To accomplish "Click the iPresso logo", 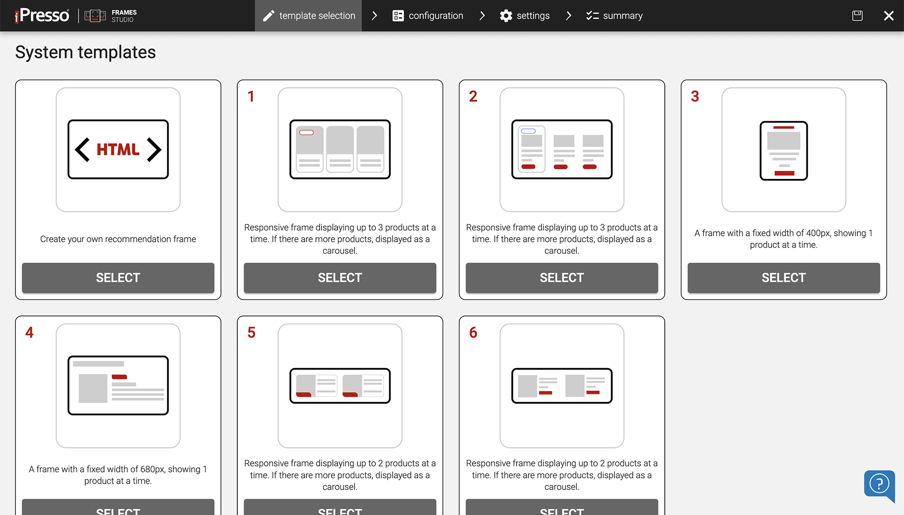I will click(42, 16).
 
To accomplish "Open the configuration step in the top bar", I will click(428, 16).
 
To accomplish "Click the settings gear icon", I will click(506, 16).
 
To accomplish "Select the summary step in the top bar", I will click(614, 16).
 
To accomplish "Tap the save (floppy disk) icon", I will click(857, 16).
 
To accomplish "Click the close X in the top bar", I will click(888, 16).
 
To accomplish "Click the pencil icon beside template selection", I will click(268, 16).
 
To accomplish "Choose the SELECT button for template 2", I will click(562, 278).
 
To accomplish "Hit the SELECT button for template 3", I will click(783, 278).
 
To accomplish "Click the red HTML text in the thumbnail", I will click(118, 150).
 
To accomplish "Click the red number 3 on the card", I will click(695, 97).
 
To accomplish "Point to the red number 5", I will click(251, 333).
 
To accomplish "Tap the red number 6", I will click(473, 333).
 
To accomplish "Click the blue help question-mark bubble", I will click(879, 484).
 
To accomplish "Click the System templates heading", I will click(85, 52).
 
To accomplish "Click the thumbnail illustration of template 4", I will click(118, 385).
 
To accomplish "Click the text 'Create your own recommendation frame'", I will click(118, 239).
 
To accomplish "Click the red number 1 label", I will click(251, 97).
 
